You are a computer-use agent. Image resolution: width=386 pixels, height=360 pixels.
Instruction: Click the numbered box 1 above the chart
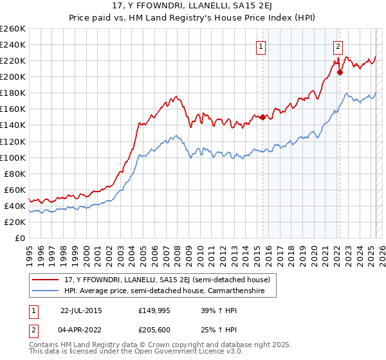point(261,46)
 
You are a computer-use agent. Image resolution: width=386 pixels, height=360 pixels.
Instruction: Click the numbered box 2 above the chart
point(338,46)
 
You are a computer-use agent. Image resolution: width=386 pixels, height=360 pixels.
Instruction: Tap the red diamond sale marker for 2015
point(262,117)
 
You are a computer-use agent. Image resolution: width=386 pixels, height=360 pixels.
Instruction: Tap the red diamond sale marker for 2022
point(340,72)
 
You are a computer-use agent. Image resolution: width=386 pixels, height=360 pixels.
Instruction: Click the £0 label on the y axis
point(19,239)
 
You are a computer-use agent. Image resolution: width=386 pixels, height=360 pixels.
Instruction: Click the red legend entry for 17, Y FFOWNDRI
point(170,280)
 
